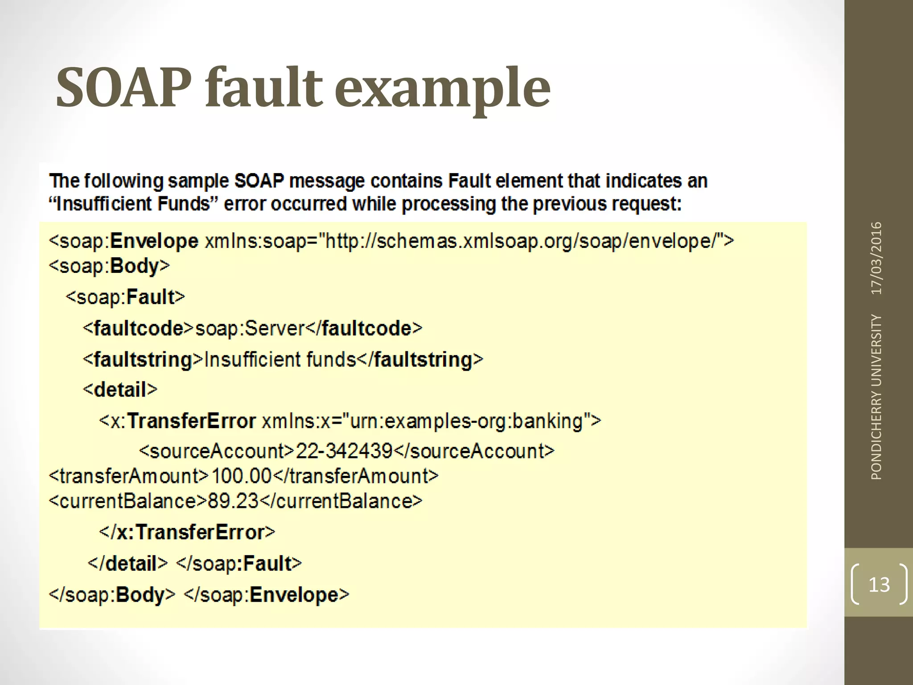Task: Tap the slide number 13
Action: [879, 585]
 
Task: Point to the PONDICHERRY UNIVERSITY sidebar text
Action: [876, 397]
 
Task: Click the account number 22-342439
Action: [344, 451]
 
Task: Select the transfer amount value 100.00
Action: [241, 476]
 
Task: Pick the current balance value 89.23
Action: [233, 501]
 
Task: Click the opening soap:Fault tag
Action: [125, 297]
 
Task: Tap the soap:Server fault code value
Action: [250, 329]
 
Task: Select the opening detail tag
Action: [120, 389]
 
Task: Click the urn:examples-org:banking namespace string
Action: [466, 421]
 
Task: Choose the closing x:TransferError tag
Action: [187, 532]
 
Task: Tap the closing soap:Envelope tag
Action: [266, 594]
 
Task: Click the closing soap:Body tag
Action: [112, 594]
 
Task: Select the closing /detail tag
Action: [127, 563]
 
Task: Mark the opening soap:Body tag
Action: [109, 266]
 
